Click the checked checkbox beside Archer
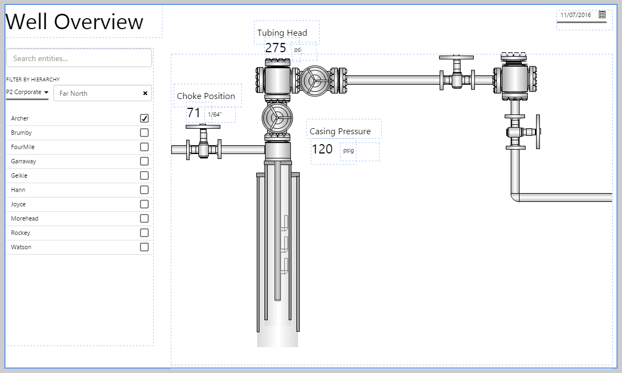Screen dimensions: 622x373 point(144,118)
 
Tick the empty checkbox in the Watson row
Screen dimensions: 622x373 point(144,247)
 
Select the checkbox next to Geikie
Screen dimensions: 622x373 point(144,175)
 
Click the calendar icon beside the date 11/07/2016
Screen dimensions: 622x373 point(602,14)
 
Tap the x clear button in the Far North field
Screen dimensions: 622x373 point(145,93)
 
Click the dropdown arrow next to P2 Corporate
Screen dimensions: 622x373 point(46,92)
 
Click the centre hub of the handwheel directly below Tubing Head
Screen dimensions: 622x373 point(315,80)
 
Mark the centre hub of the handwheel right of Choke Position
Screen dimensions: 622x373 point(277,118)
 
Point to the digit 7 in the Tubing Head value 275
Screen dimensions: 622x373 point(276,48)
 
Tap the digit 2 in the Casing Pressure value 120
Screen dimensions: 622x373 point(322,149)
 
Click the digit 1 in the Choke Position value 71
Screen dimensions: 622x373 point(197,113)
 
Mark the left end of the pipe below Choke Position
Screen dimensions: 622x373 point(172,150)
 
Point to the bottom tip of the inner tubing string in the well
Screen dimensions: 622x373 point(278,300)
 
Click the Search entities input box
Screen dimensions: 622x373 point(79,58)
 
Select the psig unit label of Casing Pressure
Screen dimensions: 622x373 point(348,151)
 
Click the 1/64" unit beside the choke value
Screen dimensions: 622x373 point(215,114)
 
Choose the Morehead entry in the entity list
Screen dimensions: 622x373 point(25,218)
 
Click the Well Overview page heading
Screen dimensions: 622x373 point(74,21)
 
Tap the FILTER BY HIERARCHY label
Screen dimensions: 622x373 point(33,80)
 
